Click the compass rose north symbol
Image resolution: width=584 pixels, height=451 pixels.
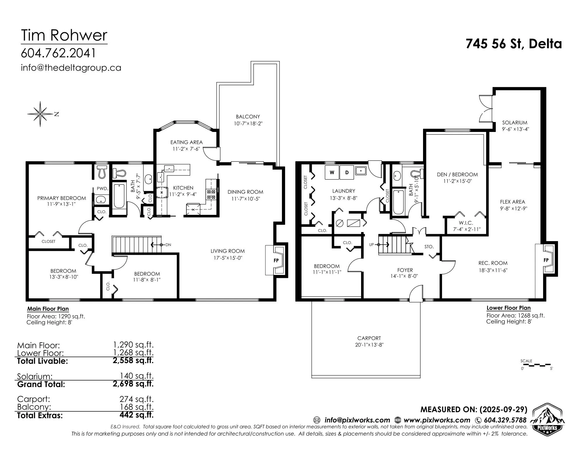(x=40, y=114)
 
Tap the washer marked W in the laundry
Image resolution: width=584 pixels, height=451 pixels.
(x=332, y=173)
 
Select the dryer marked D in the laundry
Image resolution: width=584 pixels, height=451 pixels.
(x=347, y=173)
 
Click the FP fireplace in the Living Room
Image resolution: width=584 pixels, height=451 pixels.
(x=276, y=260)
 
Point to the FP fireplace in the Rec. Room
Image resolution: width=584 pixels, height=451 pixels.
(x=546, y=260)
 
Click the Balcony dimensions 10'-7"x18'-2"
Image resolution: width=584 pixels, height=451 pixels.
(x=248, y=123)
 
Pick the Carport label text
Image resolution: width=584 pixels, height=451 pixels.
(x=369, y=338)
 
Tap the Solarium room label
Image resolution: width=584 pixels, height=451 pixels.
(x=515, y=123)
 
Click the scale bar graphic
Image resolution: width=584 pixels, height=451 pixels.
(x=536, y=365)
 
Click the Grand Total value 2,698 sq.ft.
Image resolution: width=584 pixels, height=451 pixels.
(x=133, y=384)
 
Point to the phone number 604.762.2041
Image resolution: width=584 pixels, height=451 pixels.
(x=58, y=53)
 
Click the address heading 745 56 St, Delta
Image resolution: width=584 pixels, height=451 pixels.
(x=514, y=44)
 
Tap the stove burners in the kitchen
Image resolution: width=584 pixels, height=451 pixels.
(x=211, y=194)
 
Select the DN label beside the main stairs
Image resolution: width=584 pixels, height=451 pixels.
(x=168, y=245)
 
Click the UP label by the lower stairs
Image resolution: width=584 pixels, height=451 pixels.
(x=371, y=245)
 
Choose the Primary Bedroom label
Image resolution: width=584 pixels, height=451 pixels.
(x=62, y=198)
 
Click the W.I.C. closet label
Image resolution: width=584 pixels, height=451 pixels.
(x=466, y=223)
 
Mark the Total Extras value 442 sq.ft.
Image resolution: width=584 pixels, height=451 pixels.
(x=136, y=415)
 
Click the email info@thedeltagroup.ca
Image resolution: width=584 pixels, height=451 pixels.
(x=71, y=68)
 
